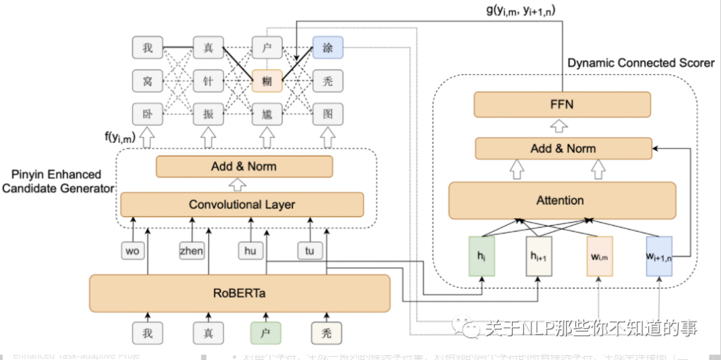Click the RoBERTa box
click(240, 293)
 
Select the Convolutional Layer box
click(242, 204)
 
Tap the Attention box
click(560, 200)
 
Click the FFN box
click(562, 104)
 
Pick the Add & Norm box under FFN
click(563, 148)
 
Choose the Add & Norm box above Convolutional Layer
click(244, 166)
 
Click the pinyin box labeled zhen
click(192, 250)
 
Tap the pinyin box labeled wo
click(132, 250)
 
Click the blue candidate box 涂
click(328, 47)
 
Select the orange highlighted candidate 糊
click(267, 81)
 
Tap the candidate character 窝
click(147, 81)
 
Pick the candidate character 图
click(328, 114)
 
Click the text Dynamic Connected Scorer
click(641, 63)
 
